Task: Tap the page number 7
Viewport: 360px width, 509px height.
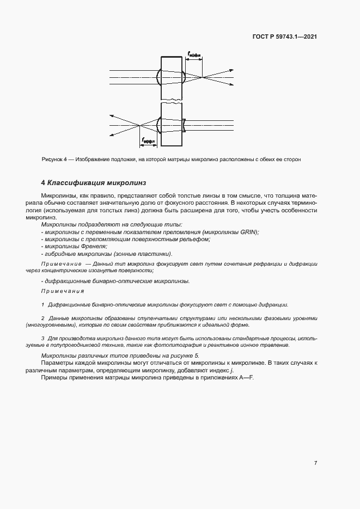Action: (x=316, y=463)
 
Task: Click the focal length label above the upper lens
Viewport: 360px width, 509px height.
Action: (x=194, y=54)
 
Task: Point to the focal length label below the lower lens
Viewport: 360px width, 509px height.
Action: (x=148, y=141)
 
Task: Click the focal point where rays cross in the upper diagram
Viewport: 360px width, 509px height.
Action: (x=203, y=77)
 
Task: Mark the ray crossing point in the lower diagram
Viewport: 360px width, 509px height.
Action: (x=140, y=125)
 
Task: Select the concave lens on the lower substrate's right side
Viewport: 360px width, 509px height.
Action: (x=184, y=125)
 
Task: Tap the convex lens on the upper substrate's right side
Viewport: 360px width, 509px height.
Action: (x=184, y=77)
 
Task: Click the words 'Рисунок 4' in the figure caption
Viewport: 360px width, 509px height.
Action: (x=54, y=160)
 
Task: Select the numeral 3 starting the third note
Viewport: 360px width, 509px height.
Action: (x=43, y=339)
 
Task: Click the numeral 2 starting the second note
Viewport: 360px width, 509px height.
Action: (x=43, y=318)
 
